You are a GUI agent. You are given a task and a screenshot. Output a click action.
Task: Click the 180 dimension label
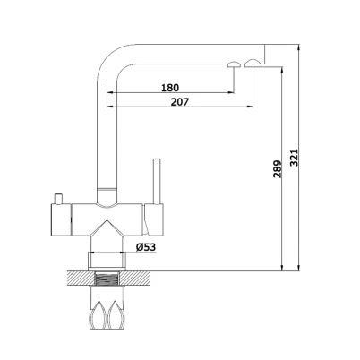(x=170, y=88)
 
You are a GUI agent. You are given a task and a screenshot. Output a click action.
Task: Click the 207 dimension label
(x=180, y=102)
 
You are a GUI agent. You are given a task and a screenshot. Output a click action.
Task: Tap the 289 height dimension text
(x=278, y=169)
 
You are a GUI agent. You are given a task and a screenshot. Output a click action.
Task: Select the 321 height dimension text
(x=295, y=158)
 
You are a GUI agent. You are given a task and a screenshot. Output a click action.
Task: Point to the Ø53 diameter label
(x=146, y=247)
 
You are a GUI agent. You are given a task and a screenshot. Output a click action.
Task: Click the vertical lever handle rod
(x=157, y=181)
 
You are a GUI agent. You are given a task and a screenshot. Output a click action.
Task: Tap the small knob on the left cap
(x=58, y=199)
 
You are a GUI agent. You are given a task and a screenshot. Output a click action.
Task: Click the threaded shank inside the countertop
(x=107, y=279)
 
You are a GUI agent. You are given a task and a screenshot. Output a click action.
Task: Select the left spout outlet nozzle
(x=234, y=64)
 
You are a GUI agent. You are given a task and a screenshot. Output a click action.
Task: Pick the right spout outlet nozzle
(x=253, y=64)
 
